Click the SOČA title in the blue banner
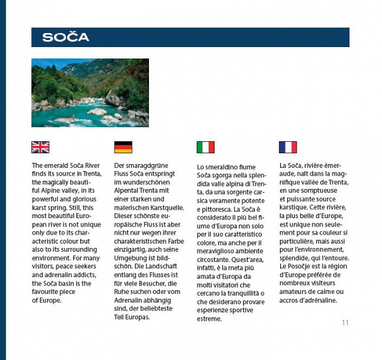coord(66,38)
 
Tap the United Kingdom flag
coord(40,147)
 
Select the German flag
coord(123,147)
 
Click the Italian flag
coord(206,148)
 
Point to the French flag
coord(288,147)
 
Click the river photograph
coord(81,93)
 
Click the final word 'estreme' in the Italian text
coord(209,318)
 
